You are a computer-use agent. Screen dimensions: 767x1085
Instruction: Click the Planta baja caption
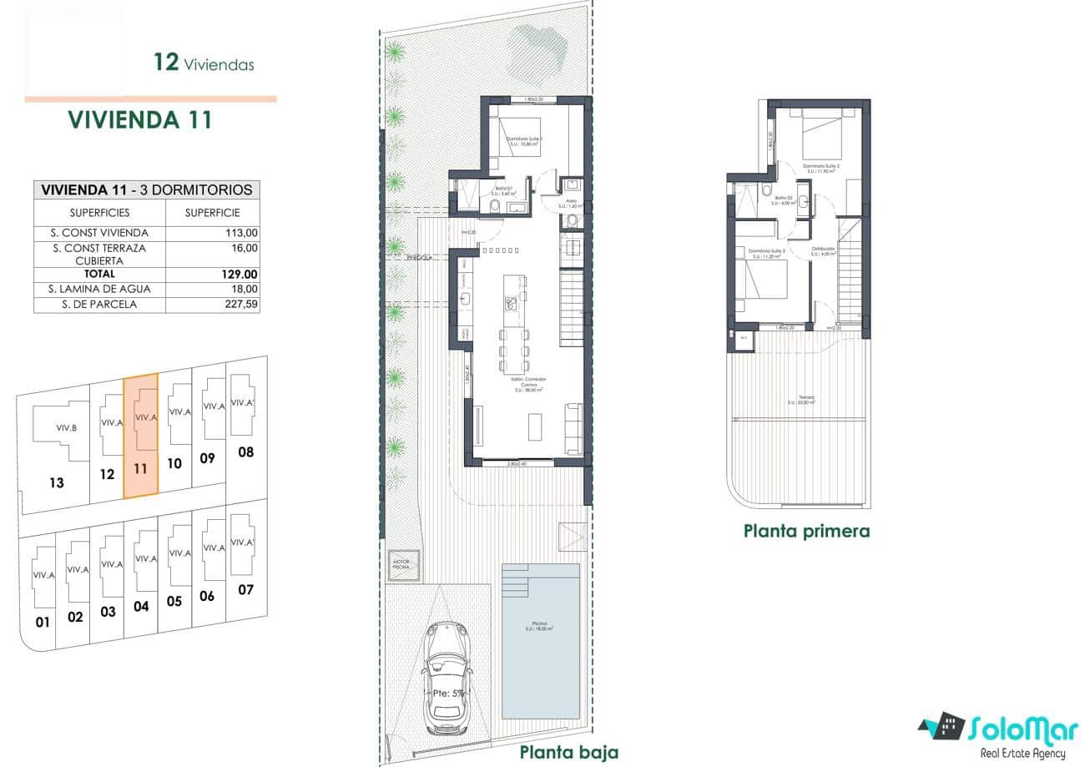[x=568, y=752]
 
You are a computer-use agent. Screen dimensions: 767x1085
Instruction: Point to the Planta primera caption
[x=806, y=531]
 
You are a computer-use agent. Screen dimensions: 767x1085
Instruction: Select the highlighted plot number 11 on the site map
[x=140, y=469]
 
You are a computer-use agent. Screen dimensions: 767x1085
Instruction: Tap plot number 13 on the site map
[x=56, y=482]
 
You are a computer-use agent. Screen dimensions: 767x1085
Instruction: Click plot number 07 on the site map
[x=245, y=590]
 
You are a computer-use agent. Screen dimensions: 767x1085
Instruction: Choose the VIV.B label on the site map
[x=67, y=428]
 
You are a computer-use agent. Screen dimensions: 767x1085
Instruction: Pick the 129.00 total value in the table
[x=240, y=274]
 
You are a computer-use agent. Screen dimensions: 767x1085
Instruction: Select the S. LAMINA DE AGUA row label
[x=99, y=289]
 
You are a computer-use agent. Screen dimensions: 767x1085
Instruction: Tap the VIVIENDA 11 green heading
[x=139, y=120]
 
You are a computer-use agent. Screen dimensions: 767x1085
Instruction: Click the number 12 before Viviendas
[x=166, y=63]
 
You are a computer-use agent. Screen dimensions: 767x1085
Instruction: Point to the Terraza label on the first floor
[x=805, y=398]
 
